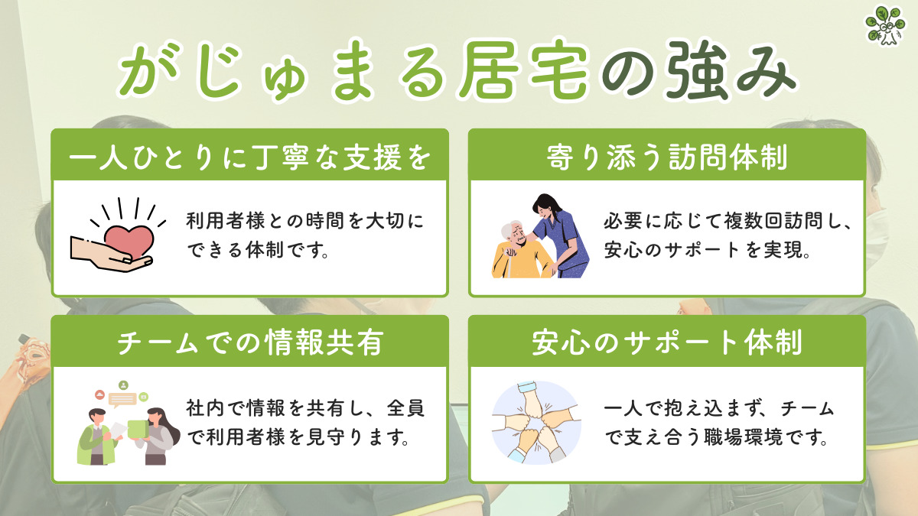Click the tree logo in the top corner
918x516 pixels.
click(x=885, y=26)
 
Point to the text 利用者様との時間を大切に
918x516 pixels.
click(x=304, y=222)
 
